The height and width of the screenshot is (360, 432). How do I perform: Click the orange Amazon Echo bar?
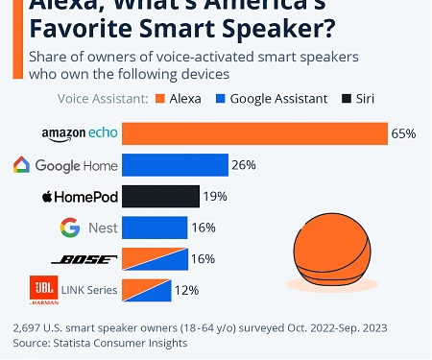[254, 133]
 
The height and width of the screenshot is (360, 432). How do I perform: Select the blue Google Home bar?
[176, 165]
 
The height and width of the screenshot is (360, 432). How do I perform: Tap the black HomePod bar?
[161, 197]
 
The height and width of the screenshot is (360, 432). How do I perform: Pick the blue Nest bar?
[155, 228]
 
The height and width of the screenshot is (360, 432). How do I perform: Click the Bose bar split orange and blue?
[155, 259]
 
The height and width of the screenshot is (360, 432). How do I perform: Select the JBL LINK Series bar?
[146, 289]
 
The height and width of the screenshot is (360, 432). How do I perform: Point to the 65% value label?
[403, 133]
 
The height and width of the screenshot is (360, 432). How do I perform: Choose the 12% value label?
[186, 289]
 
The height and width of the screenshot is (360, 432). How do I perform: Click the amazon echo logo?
[80, 133]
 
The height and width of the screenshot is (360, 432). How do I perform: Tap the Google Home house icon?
[21, 165]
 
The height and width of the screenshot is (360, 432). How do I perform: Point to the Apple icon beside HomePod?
[46, 197]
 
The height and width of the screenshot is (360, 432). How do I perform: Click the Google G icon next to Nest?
[69, 228]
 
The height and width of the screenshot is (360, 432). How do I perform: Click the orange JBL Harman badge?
[42, 289]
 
